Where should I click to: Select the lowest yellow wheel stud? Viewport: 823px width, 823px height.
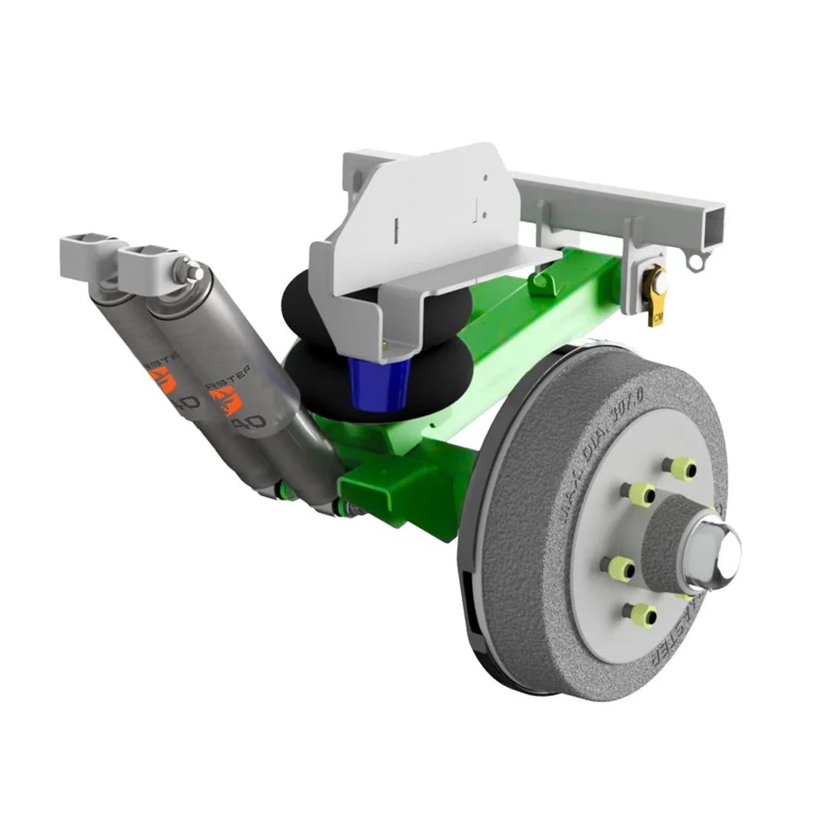coord(639,613)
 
